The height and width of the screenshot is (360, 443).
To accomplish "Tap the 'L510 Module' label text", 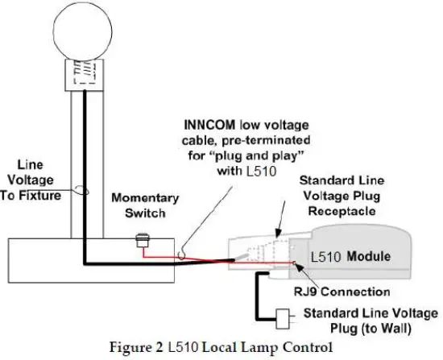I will pyautogui.click(x=366, y=256).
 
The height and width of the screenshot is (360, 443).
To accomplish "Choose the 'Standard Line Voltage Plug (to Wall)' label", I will pyautogui.click(x=370, y=320).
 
